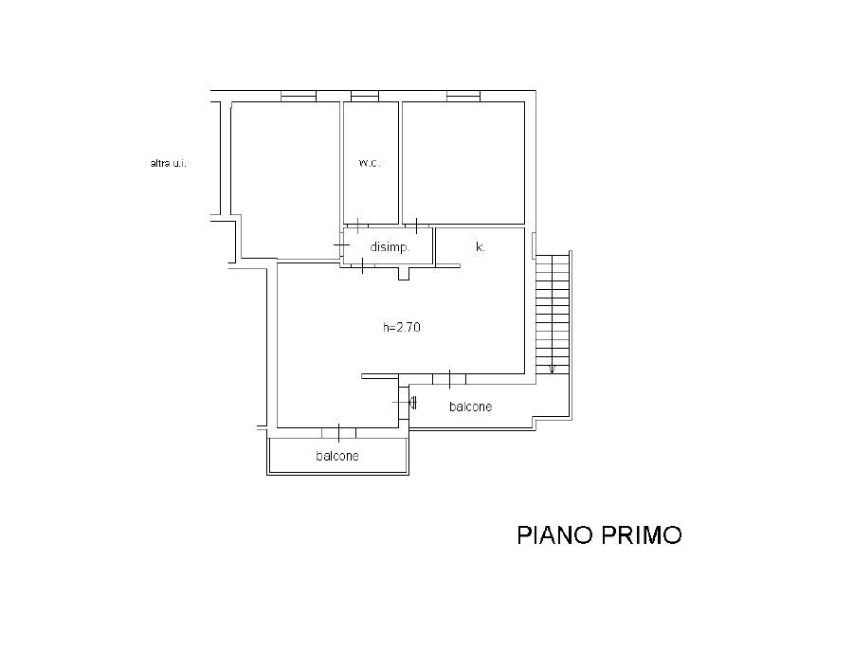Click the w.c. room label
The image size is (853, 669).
click(370, 163)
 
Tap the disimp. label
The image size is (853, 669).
click(390, 247)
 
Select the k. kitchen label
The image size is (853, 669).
click(480, 247)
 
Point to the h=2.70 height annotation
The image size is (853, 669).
click(402, 327)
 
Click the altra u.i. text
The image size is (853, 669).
click(168, 163)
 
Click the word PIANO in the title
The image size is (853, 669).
click(554, 534)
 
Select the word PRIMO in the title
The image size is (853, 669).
click(642, 534)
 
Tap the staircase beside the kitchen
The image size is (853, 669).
click(553, 313)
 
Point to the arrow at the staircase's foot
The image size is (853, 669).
click(553, 369)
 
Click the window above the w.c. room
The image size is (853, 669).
click(365, 97)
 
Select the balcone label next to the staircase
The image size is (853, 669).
click(470, 407)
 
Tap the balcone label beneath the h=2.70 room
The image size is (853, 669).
click(337, 456)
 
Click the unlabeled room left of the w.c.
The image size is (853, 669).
click(285, 179)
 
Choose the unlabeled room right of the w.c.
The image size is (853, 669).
click(463, 163)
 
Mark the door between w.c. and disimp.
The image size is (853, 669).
click(358, 226)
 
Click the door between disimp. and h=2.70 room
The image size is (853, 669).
click(362, 265)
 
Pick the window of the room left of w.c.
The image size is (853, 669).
click(299, 97)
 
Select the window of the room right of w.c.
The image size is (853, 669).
click(463, 97)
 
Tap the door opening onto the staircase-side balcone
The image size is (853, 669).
click(449, 379)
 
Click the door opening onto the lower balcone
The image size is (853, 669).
click(338, 433)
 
